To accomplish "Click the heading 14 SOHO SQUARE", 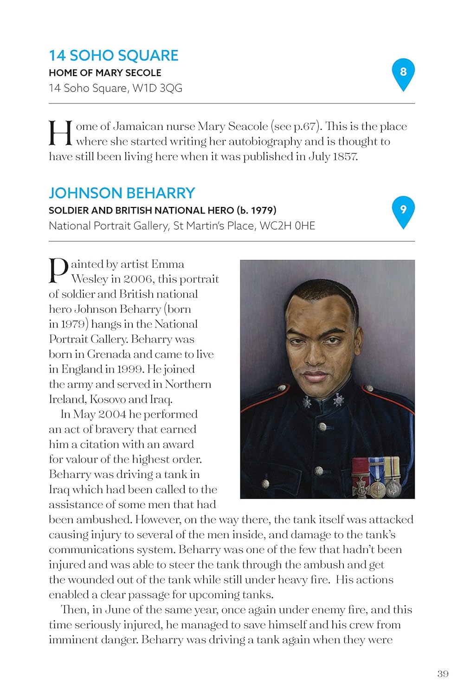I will click(113, 56).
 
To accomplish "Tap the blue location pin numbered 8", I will click(403, 72).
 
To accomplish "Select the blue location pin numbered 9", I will click(403, 210).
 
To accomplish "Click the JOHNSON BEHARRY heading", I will click(122, 193).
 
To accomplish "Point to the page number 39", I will click(443, 674).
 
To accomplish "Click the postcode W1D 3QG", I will click(157, 88).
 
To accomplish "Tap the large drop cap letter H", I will click(61, 133).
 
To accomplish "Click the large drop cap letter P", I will click(58, 271).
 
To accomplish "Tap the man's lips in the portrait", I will click(314, 375).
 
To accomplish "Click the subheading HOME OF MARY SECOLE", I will click(105, 73).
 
